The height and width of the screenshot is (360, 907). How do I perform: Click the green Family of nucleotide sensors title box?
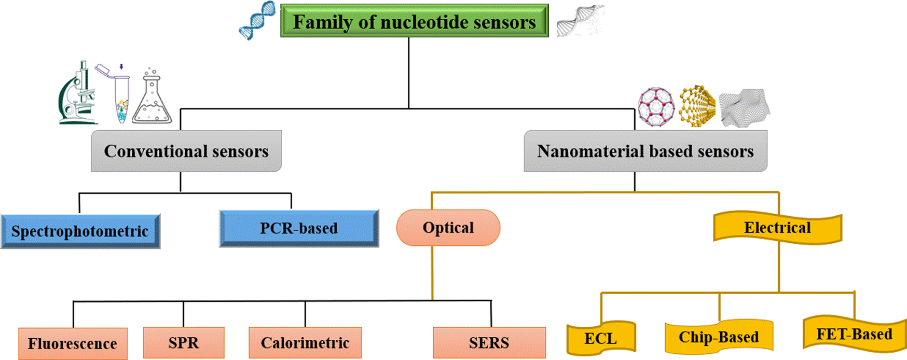pos(414,21)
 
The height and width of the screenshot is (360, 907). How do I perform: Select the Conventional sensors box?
pos(186,151)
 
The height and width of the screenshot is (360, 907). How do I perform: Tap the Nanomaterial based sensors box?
pos(645,151)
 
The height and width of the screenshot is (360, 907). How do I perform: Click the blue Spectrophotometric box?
pos(80,231)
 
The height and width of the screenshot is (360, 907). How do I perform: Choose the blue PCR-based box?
pos(299,228)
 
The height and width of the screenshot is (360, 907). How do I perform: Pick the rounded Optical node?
pos(448,228)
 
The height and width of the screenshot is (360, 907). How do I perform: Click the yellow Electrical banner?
pos(777,228)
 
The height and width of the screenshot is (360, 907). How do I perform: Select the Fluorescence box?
pos(73,343)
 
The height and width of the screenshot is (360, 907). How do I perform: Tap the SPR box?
pos(184,343)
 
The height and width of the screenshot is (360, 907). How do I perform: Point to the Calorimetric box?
pos(305,343)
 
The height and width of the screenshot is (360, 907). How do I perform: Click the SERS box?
pos(489,343)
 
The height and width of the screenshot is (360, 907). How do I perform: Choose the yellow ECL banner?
pos(601,339)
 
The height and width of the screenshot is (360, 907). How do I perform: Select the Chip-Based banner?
pos(719,337)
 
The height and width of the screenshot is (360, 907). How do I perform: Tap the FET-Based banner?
pos(854,334)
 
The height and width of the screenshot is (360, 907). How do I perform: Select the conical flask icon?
pos(152,99)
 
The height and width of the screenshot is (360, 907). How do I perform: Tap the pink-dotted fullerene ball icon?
pos(656,107)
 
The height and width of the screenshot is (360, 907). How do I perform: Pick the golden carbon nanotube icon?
pos(697,106)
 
